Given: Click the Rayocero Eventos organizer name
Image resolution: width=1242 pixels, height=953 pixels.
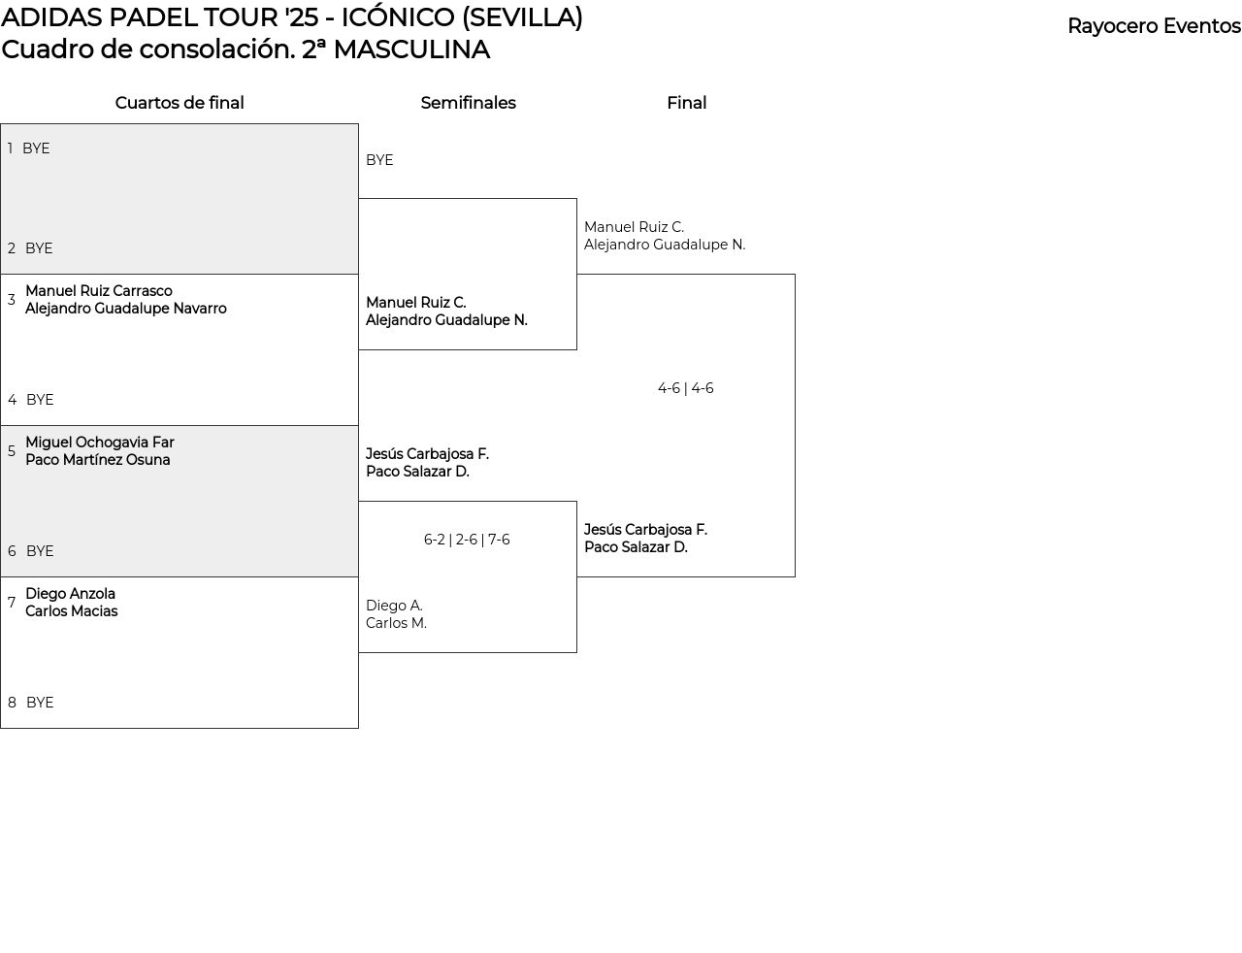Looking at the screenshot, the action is coord(1154,26).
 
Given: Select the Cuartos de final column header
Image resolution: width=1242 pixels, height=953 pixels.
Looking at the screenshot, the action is coord(180,103).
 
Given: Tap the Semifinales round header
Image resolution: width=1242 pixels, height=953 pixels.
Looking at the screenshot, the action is coord(468,103).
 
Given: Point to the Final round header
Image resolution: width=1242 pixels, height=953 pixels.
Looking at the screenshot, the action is coord(686,103).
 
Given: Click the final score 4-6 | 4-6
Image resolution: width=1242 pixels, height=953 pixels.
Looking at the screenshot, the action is coord(685,388).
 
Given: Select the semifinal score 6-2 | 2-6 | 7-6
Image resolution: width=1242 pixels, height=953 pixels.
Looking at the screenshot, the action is coord(467,540).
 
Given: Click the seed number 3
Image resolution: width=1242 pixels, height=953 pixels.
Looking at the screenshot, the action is coord(12,300).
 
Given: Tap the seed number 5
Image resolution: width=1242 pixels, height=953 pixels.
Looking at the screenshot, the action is coord(12,451).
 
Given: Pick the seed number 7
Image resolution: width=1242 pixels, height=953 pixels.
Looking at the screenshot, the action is coord(12,603).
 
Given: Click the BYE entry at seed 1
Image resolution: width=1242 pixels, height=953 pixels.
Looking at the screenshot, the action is coord(36,148).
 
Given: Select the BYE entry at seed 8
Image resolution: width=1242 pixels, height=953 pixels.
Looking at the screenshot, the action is coord(40,703).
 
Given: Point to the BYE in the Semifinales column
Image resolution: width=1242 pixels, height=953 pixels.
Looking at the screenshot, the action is coord(379,160).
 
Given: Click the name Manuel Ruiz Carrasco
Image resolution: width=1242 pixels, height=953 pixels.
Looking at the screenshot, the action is coord(99,291).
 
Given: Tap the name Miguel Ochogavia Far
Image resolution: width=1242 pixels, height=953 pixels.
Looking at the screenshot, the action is coord(100,443).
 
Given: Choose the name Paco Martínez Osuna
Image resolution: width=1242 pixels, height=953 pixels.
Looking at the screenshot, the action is coord(98,460).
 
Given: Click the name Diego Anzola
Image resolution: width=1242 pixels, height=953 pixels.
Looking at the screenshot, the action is coord(70,594).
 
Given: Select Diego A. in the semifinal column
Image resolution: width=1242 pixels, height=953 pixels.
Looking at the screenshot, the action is coord(394,606).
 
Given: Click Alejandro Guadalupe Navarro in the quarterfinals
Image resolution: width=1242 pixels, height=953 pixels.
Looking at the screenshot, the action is coord(126,309).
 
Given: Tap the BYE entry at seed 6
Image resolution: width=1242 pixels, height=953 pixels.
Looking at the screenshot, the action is coord(40,551).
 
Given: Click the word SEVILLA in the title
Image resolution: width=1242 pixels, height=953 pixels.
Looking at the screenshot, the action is coord(522,17).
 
